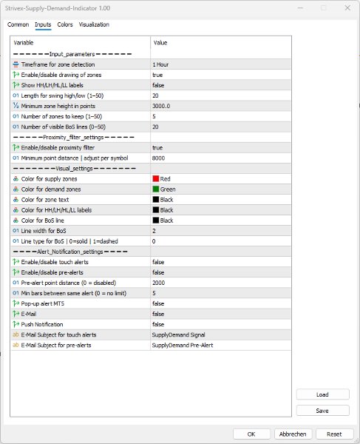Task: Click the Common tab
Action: coord(18,24)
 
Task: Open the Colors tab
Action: coord(65,24)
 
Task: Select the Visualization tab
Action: coord(94,24)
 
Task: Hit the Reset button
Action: coord(334,434)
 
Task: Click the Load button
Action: coord(322,394)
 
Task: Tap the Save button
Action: coord(322,410)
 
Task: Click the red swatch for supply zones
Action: coord(156,178)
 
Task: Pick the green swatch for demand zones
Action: coord(156,189)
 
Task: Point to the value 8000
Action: coord(159,158)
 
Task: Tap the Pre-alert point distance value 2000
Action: coord(159,282)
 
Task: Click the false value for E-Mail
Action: coord(158,313)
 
